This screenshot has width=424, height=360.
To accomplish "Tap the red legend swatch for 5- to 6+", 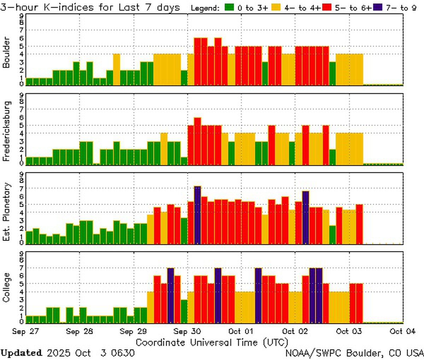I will [x=327, y=8].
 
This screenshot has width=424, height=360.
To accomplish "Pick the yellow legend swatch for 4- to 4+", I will [x=277, y=8].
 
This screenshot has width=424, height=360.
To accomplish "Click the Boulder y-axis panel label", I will [x=6, y=53].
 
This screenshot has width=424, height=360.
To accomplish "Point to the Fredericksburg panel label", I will [x=6, y=131].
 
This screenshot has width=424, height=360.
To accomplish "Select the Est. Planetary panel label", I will [x=6, y=212].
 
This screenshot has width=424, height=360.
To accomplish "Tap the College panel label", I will [x=6, y=287].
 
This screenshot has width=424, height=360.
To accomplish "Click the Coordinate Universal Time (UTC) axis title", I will [x=212, y=342].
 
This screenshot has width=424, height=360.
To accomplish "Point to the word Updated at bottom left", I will [x=21, y=353].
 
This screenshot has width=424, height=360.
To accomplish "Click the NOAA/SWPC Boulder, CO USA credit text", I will [x=354, y=353].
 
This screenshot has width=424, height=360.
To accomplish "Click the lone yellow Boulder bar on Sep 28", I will [x=117, y=70].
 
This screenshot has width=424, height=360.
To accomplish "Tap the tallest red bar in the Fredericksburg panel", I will [x=198, y=141].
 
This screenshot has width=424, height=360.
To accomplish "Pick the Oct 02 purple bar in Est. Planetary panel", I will [x=306, y=217].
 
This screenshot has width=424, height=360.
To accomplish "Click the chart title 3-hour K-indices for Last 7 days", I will [x=90, y=7].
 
